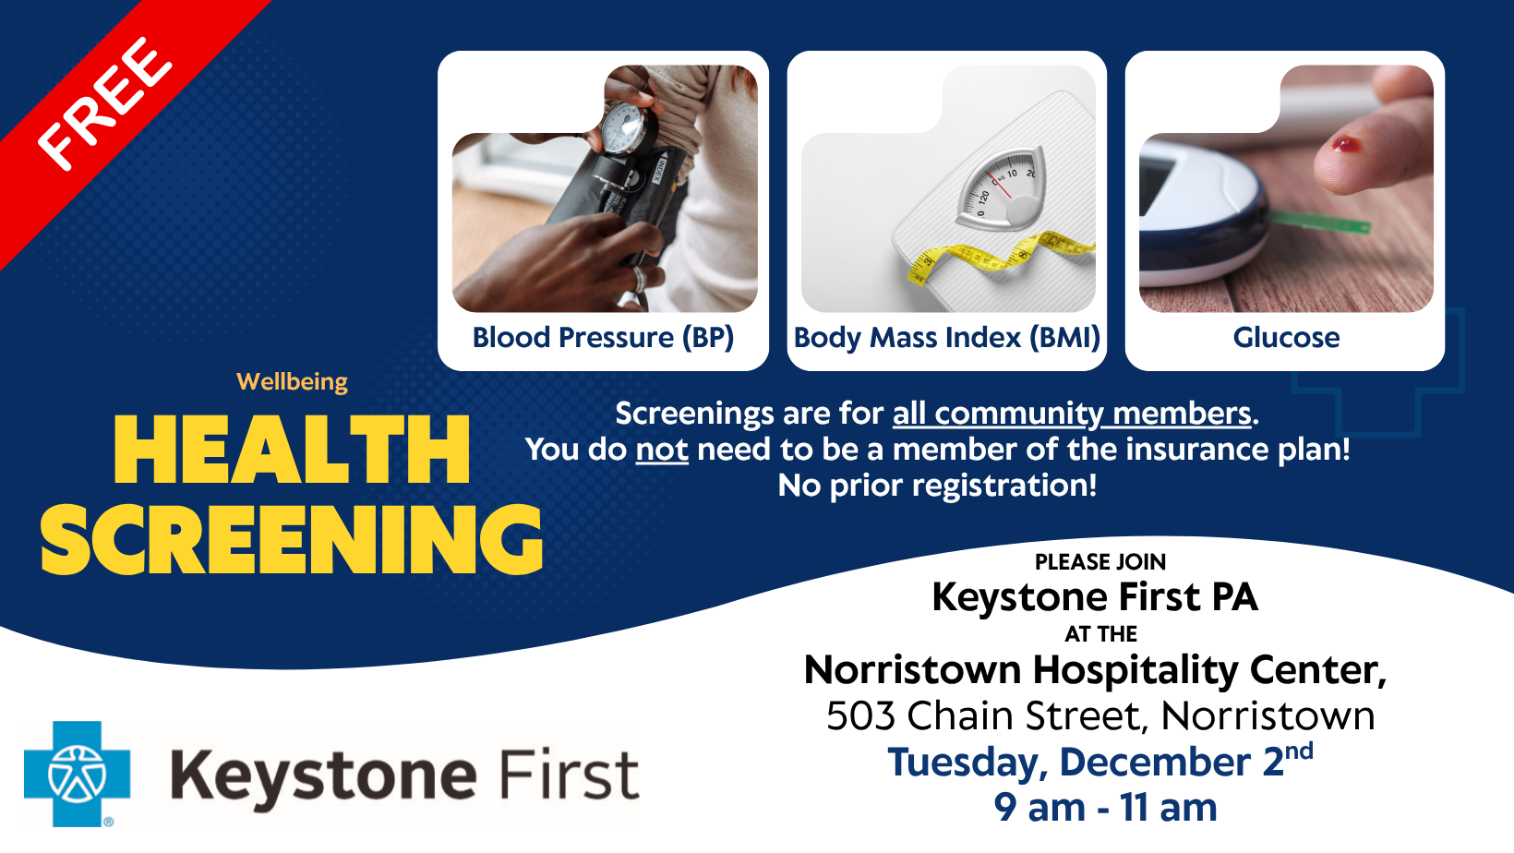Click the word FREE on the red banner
click(x=103, y=103)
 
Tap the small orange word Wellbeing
click(x=292, y=381)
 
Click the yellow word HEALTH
click(x=292, y=450)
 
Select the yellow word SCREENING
click(x=292, y=540)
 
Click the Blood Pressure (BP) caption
click(x=603, y=338)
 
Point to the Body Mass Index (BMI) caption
click(x=946, y=338)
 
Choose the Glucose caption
click(x=1286, y=338)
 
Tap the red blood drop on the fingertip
click(x=1344, y=144)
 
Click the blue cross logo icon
click(x=77, y=774)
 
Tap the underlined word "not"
click(x=662, y=450)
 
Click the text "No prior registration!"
click(x=937, y=486)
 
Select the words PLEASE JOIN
click(x=1099, y=562)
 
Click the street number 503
click(x=859, y=716)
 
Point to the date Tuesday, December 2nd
click(x=1099, y=762)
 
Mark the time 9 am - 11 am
click(x=1105, y=808)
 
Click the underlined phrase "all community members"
click(x=1071, y=414)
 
